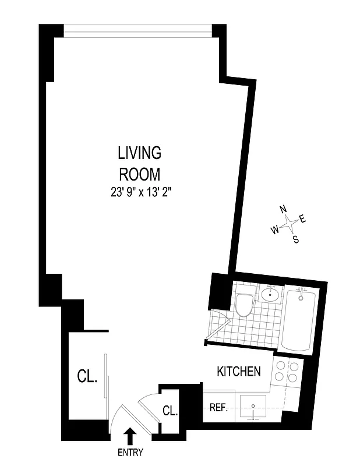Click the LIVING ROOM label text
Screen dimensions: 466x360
pyautogui.click(x=139, y=164)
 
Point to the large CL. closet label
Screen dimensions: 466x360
pyautogui.click(x=87, y=377)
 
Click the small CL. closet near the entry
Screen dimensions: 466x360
pyautogui.click(x=170, y=411)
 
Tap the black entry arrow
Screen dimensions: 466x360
pyautogui.click(x=130, y=436)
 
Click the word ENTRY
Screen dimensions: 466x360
pyautogui.click(x=130, y=452)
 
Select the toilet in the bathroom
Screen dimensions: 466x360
pyautogui.click(x=243, y=303)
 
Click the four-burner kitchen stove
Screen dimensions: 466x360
pyautogui.click(x=288, y=373)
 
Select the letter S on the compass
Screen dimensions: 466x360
pyautogui.click(x=296, y=239)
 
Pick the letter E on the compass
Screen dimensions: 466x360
pyautogui.click(x=302, y=219)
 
